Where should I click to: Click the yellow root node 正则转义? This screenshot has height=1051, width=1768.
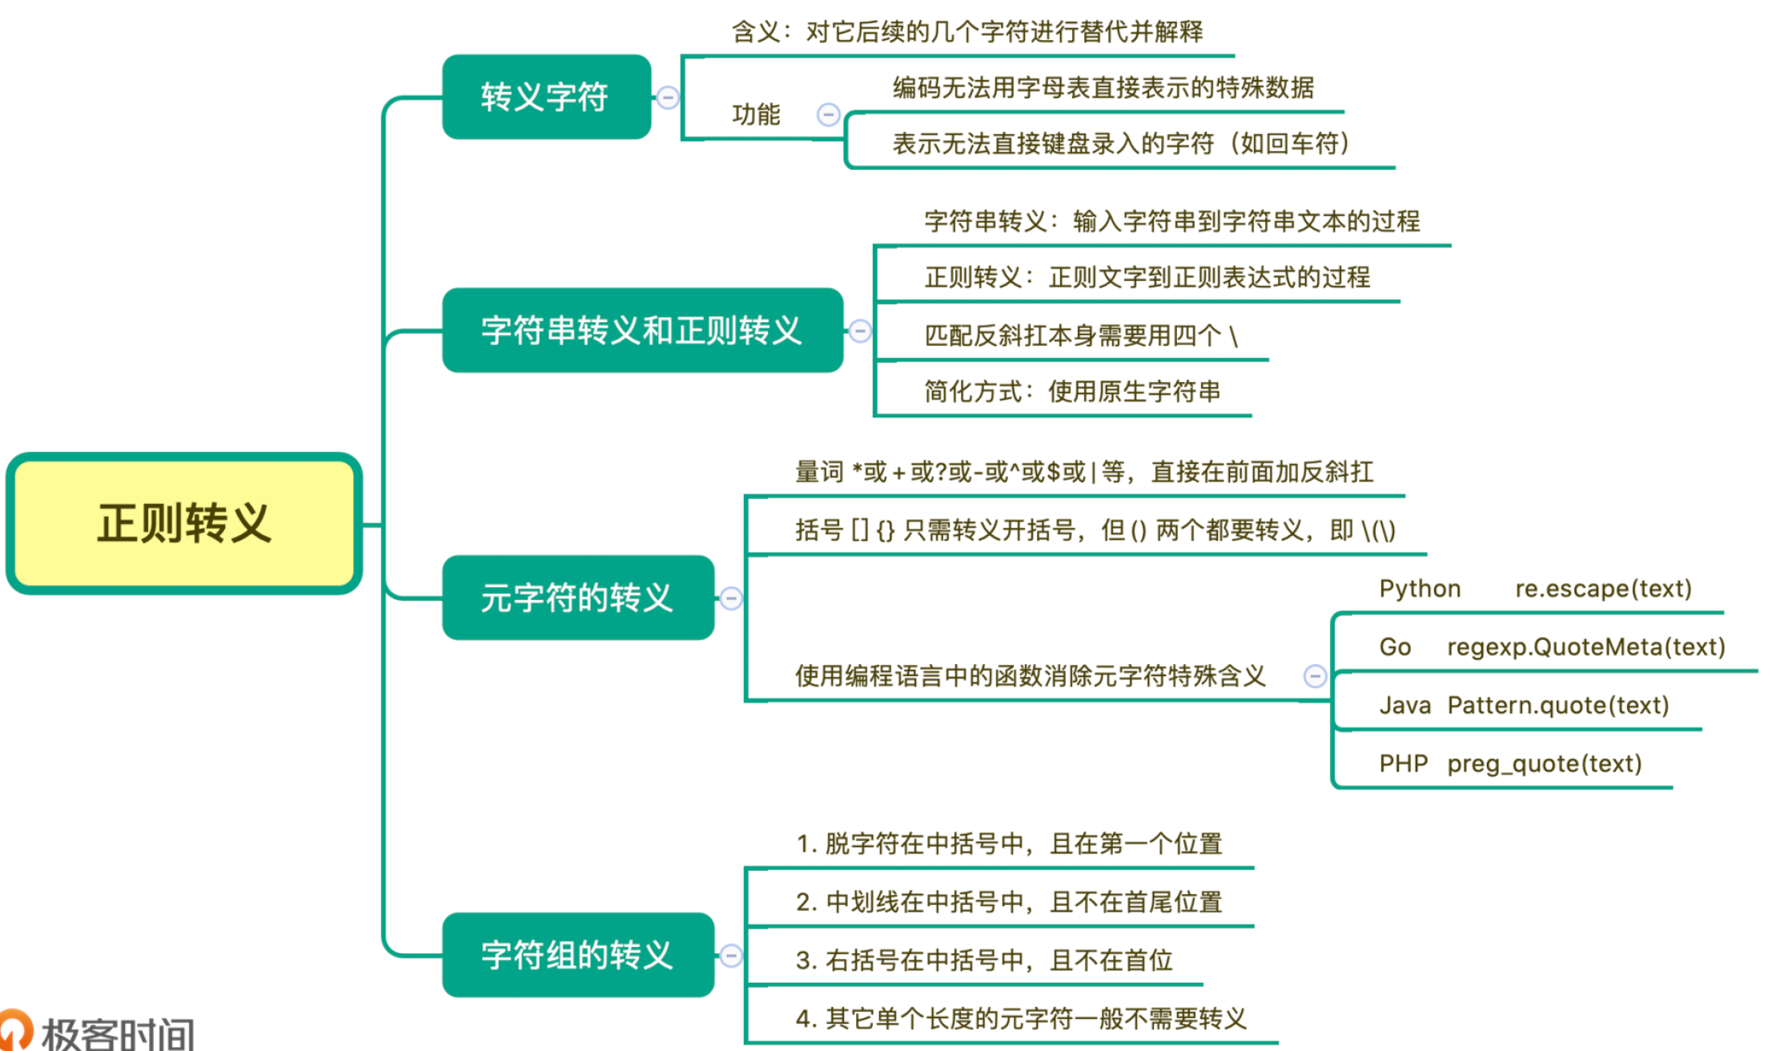pyautogui.click(x=184, y=524)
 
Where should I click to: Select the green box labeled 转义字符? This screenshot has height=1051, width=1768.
pyautogui.click(x=546, y=97)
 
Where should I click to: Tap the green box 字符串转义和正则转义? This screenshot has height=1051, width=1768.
pyautogui.click(x=642, y=330)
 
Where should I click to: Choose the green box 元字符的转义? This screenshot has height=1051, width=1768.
pyautogui.click(x=577, y=598)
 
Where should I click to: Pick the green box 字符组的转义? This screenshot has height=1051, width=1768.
pyautogui.click(x=577, y=955)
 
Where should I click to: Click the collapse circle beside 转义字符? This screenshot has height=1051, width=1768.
pyautogui.click(x=668, y=98)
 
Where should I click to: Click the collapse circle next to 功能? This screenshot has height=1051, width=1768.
pyautogui.click(x=828, y=115)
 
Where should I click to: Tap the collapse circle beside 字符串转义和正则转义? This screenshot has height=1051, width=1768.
pyautogui.click(x=860, y=331)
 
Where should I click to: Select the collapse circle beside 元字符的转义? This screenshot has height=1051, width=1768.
pyautogui.click(x=731, y=598)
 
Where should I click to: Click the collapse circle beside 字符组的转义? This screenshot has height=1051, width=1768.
pyautogui.click(x=731, y=956)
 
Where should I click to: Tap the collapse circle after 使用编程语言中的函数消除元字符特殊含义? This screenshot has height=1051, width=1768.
pyautogui.click(x=1315, y=676)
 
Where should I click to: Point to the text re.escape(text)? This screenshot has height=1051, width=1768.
pyautogui.click(x=1603, y=589)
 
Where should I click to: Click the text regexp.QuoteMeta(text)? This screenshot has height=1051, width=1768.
pyautogui.click(x=1585, y=646)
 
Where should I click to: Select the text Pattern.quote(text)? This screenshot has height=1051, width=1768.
pyautogui.click(x=1557, y=705)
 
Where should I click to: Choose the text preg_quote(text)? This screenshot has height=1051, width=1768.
pyautogui.click(x=1544, y=763)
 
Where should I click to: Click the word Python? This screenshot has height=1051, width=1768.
pyautogui.click(x=1420, y=589)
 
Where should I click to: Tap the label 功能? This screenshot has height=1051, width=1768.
pyautogui.click(x=755, y=115)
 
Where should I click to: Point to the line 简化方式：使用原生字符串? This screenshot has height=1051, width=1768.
pyautogui.click(x=1072, y=391)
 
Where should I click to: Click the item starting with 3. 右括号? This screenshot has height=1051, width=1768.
pyautogui.click(x=984, y=960)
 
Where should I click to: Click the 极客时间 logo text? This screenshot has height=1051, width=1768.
pyautogui.click(x=118, y=1033)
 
